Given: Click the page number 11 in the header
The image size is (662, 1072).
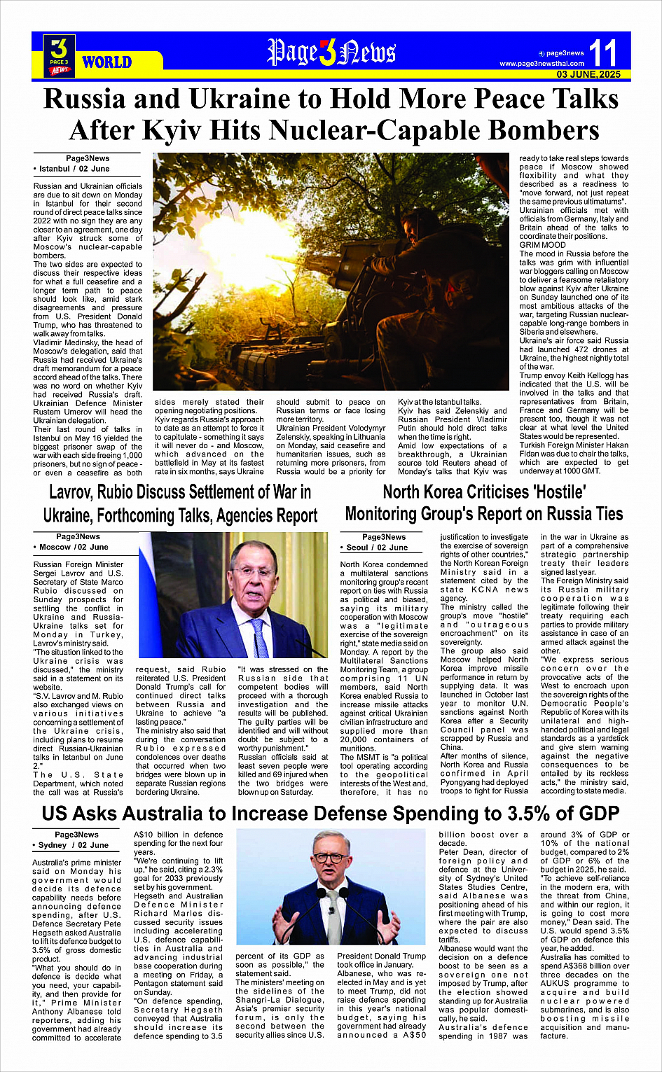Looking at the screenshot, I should click(x=602, y=53).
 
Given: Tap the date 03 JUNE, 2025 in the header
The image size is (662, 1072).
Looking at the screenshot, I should click(x=588, y=74).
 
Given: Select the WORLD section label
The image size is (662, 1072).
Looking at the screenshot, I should click(x=106, y=62).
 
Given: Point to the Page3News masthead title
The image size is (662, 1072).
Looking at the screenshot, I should click(x=331, y=53).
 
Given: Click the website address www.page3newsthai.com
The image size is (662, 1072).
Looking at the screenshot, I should click(x=542, y=64).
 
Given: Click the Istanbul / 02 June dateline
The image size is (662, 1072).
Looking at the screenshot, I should click(x=74, y=169).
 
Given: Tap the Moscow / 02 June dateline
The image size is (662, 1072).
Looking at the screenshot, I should click(x=74, y=547).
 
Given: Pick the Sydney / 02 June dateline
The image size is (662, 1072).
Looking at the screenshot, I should click(x=74, y=845).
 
